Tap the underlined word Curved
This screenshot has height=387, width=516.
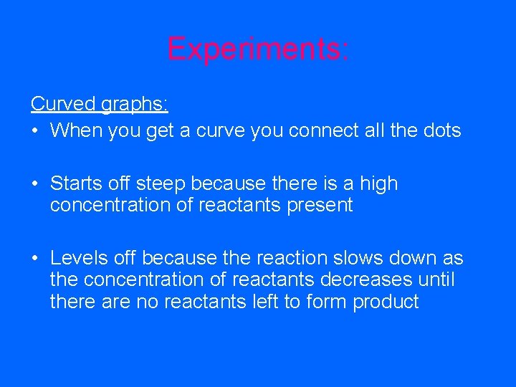[x=63, y=104]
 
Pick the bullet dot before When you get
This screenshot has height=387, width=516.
[x=35, y=131]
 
